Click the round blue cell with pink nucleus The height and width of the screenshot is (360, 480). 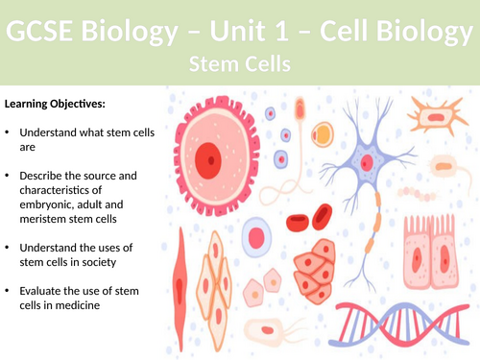tap(256, 236)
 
